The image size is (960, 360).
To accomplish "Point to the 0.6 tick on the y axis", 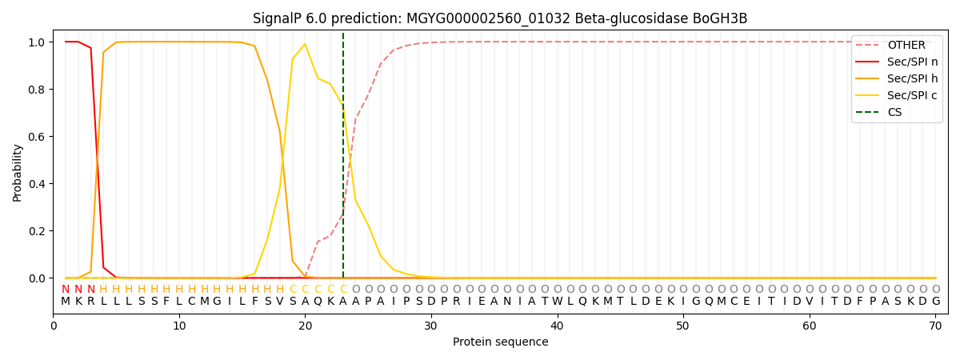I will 38,137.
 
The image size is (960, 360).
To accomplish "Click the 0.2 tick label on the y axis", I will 38,231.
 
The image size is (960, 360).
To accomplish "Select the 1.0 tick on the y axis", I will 38,42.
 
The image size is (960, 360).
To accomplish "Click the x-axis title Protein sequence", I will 500,342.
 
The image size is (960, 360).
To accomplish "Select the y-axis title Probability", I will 18,173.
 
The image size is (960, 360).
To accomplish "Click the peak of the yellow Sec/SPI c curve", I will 305,44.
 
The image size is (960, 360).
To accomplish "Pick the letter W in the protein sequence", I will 557,301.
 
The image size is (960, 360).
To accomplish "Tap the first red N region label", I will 66,289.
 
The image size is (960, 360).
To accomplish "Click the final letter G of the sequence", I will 935,301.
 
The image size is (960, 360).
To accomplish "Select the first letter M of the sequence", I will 66,301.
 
